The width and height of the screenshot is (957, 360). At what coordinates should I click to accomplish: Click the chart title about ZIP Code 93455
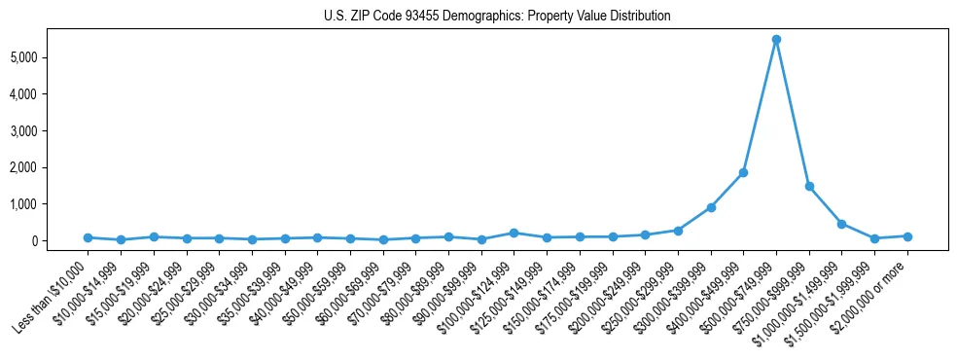coord(497,17)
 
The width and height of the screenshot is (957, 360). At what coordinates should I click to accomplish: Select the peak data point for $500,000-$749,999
coord(776,40)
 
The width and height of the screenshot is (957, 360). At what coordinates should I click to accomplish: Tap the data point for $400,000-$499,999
coord(743,173)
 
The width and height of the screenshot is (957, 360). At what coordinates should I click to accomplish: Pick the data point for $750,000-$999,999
coord(809,186)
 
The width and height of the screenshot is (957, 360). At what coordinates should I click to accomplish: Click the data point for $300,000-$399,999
coord(711,207)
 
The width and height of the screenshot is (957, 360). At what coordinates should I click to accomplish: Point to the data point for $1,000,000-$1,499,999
coord(841,224)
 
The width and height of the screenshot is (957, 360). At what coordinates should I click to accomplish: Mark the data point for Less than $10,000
coord(88,237)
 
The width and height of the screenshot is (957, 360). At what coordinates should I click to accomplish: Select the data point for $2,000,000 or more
coord(907,236)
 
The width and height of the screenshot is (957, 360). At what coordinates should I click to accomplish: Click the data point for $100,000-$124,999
coord(514,233)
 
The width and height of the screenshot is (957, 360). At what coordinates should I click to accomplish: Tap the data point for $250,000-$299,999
coord(678,231)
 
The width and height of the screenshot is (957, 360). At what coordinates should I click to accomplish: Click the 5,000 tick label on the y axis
coord(48,57)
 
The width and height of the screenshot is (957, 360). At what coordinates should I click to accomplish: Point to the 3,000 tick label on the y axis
coord(48,130)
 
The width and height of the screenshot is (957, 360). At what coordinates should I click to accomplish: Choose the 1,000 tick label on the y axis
coord(48,204)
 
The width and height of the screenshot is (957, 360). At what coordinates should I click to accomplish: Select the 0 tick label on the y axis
coord(60,241)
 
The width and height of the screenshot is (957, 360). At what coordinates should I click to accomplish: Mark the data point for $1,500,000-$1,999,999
coord(874,238)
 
